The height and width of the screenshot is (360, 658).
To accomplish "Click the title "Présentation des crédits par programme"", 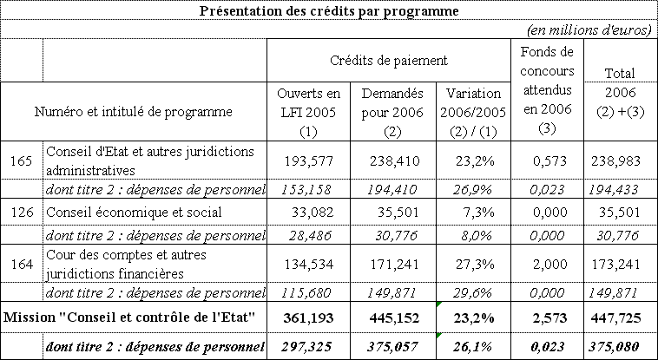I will pyautogui.click(x=329, y=11).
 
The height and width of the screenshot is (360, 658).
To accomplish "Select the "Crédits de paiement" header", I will pyautogui.click(x=389, y=61).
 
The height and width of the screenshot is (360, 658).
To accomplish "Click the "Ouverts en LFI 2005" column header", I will pyautogui.click(x=308, y=111).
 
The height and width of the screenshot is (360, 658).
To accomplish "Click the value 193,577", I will pyautogui.click(x=308, y=160).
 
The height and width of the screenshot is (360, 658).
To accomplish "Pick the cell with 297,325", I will pyautogui.click(x=308, y=347).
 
